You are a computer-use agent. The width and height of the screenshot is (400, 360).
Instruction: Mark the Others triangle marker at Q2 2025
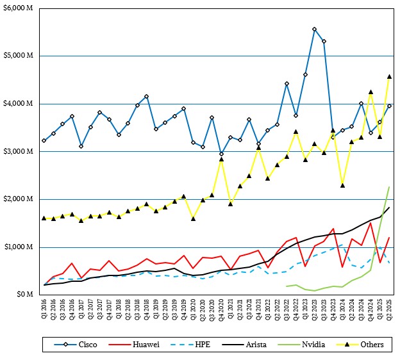pyautogui.click(x=389, y=76)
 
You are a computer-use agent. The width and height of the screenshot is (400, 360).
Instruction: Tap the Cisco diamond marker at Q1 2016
pyautogui.click(x=44, y=140)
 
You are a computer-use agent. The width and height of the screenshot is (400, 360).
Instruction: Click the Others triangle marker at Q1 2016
pyautogui.click(x=44, y=218)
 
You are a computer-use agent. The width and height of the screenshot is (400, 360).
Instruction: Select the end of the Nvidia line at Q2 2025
pyautogui.click(x=389, y=187)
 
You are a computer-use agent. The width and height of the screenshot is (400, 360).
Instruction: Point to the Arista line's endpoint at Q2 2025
pyautogui.click(x=389, y=208)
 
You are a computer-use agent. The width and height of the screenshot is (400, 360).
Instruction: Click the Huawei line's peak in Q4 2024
pyautogui.click(x=371, y=223)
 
